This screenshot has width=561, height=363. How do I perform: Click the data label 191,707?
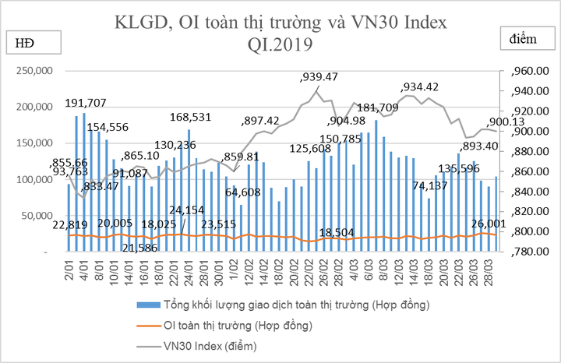click(96, 103)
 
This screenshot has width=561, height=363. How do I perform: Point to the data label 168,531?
click(192, 117)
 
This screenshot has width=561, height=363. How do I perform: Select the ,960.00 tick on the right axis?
click(529, 72)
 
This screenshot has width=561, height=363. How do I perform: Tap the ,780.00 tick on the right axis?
click(529, 252)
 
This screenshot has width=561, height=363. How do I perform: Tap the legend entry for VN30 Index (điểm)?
click(209, 344)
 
